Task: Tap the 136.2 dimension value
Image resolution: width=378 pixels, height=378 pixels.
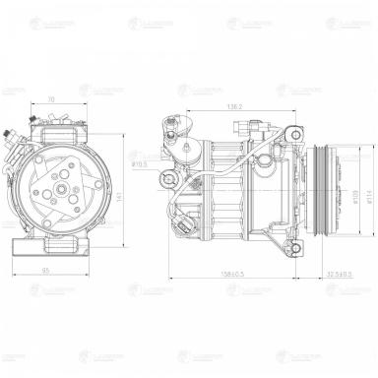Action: [234, 105]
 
